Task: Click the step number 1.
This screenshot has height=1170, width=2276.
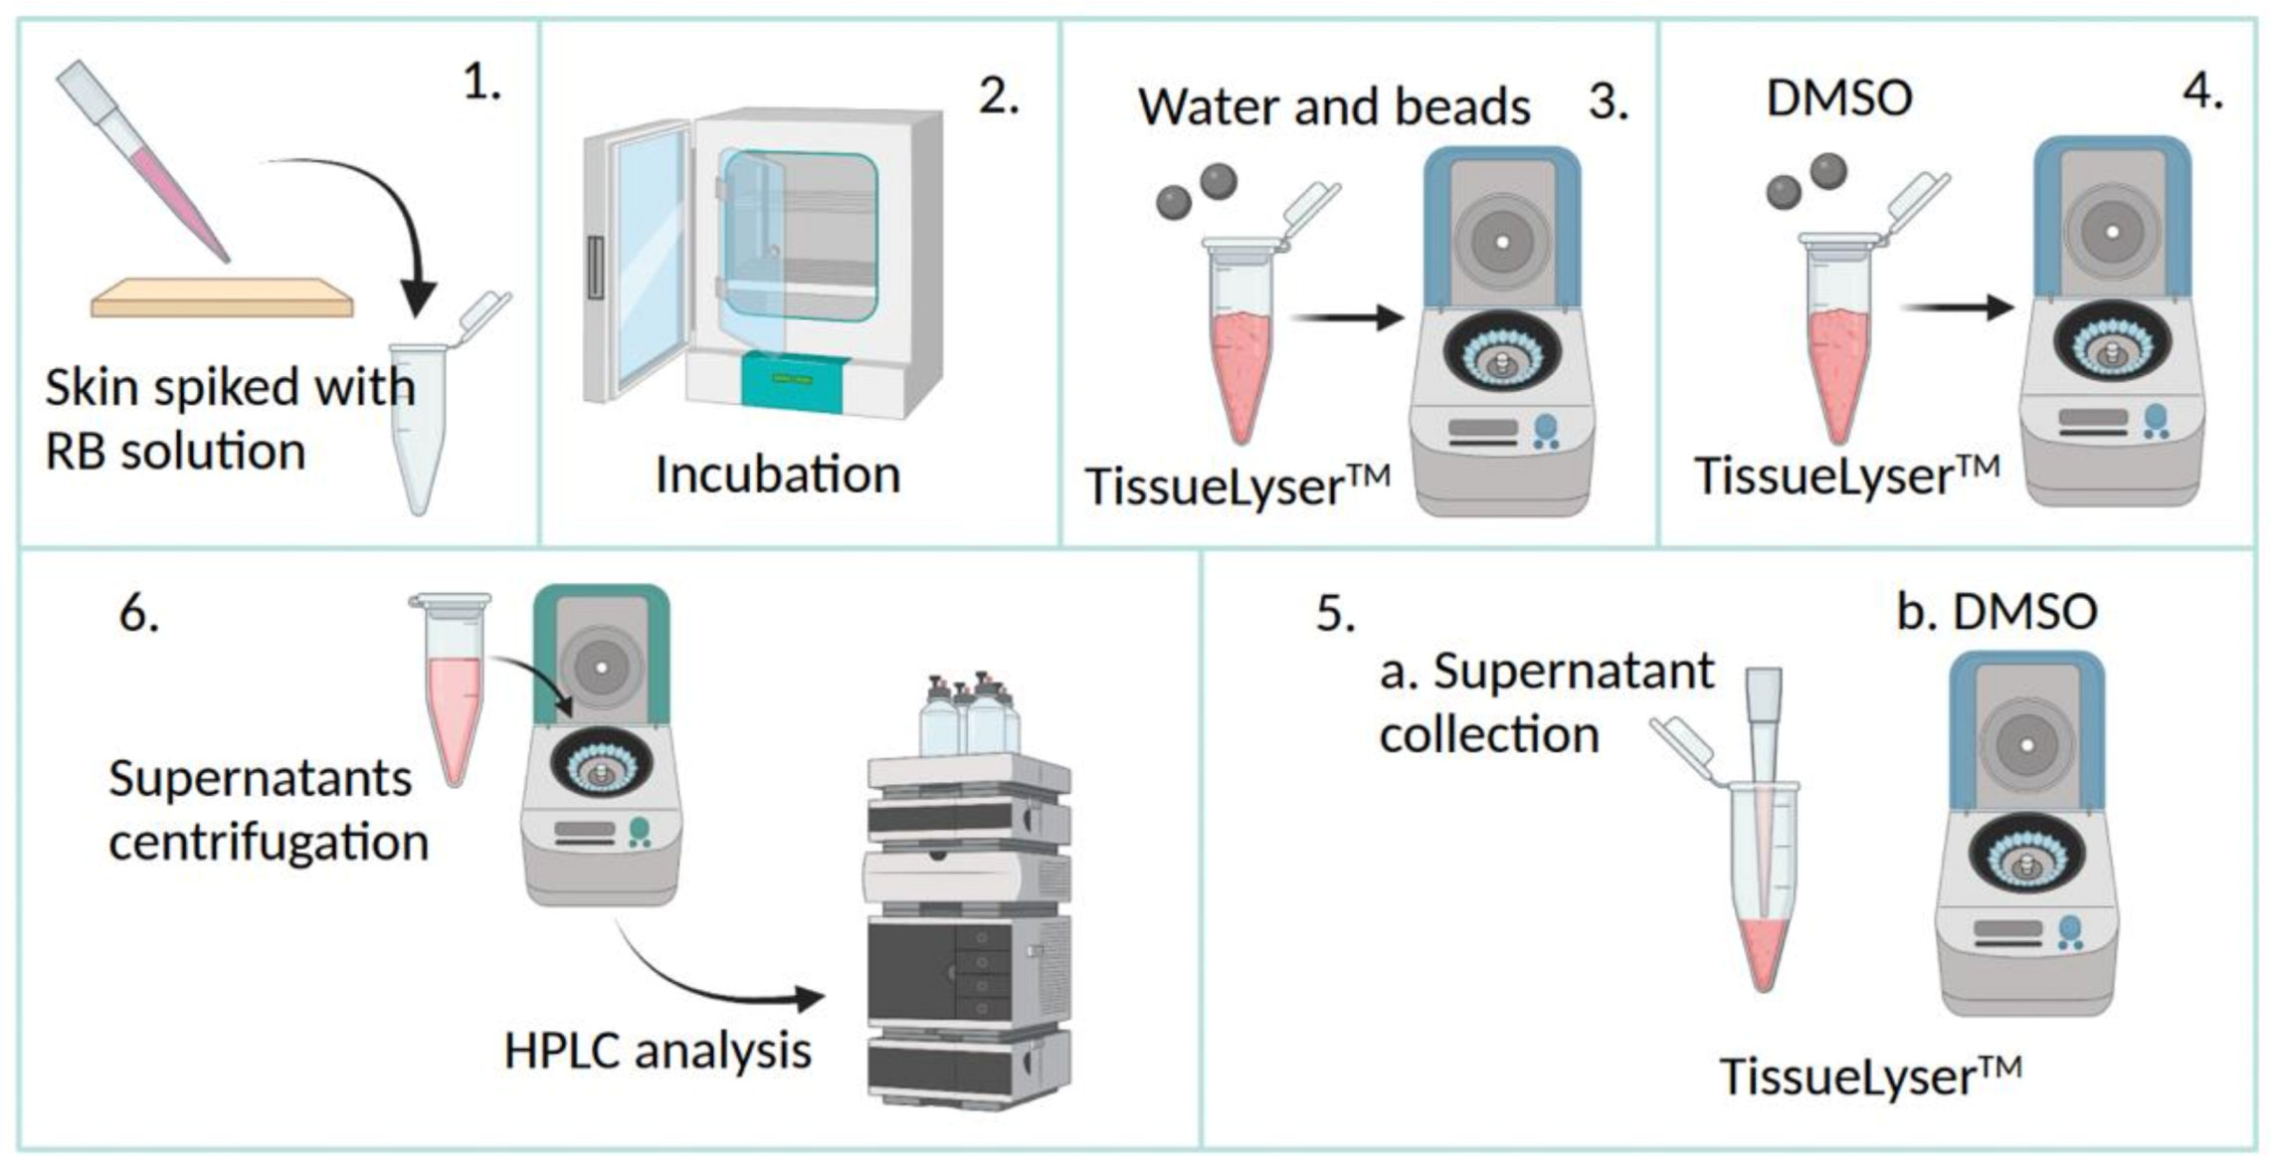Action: [x=481, y=82]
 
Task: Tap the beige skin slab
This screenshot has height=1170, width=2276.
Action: [x=221, y=298]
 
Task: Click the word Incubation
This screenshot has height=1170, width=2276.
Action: [x=777, y=475]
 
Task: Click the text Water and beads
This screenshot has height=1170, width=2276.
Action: [x=1333, y=106]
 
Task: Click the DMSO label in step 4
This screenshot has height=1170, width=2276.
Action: [x=1838, y=98]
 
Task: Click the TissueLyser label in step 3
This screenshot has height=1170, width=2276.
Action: [x=1236, y=487]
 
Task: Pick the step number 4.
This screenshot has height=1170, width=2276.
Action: [x=2202, y=92]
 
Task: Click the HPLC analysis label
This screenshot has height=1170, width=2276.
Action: [x=658, y=1051]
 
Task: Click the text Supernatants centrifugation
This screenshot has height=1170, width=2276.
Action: [x=267, y=810]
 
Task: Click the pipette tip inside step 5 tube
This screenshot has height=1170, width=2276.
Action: [x=1764, y=796]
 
